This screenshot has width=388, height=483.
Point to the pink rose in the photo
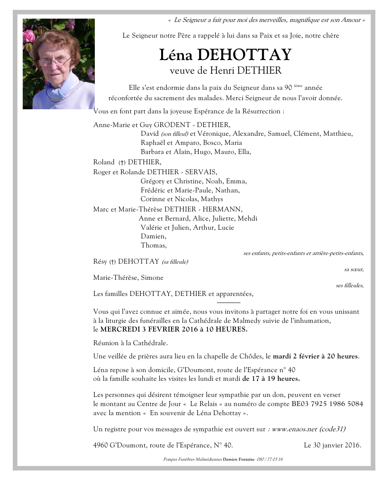pyautogui.click(x=29, y=36)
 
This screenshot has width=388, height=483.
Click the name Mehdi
pyautogui.click(x=247, y=219)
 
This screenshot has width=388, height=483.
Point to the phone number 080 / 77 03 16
pyautogui.click(x=270, y=459)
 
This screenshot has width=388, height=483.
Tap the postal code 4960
pyautogui.click(x=101, y=446)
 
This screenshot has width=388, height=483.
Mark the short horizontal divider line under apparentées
pyautogui.click(x=229, y=303)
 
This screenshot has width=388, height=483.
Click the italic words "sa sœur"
pyautogui.click(x=354, y=269)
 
